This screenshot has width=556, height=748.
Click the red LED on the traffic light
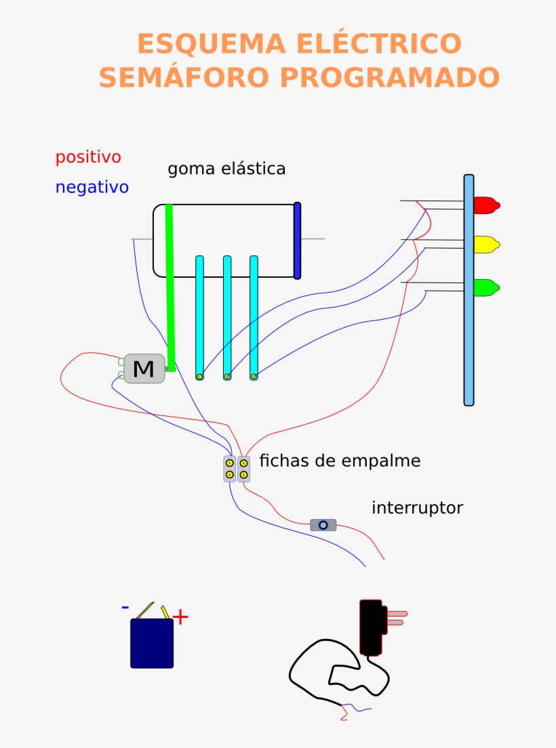(485, 205)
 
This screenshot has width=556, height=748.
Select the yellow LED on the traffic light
(485, 244)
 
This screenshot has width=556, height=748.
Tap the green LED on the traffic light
(485, 287)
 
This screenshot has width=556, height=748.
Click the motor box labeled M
(144, 369)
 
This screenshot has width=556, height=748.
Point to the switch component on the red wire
(323, 524)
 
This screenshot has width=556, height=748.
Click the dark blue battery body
(152, 643)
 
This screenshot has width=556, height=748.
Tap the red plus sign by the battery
(180, 617)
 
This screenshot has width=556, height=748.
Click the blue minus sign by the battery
(125, 607)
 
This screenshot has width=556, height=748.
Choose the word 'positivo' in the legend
(88, 157)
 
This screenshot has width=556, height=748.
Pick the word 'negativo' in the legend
(92, 188)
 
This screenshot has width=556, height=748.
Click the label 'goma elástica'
(226, 169)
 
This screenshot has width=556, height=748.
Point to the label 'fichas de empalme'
(340, 461)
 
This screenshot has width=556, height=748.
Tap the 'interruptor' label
(417, 507)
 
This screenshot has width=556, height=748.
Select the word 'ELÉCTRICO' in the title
(378, 44)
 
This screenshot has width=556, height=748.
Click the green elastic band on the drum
(170, 285)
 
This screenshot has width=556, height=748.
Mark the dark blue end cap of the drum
(297, 241)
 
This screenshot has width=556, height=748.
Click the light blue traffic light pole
(469, 339)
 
